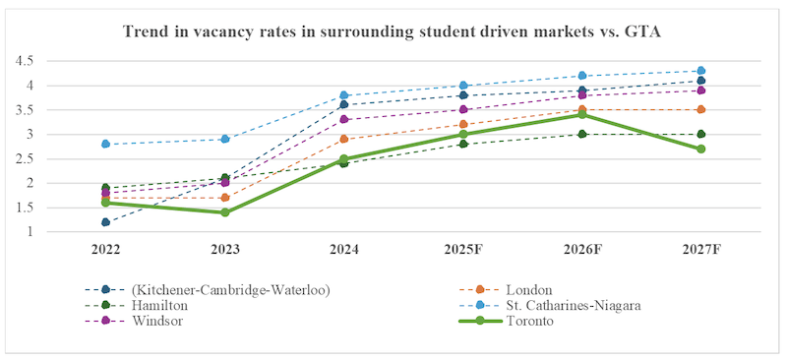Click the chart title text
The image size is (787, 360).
pyautogui.click(x=393, y=31)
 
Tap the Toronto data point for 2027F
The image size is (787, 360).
pyautogui.click(x=701, y=149)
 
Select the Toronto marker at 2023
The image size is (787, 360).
pyautogui.click(x=224, y=212)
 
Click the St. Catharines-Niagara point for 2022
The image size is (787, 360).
pyautogui.click(x=105, y=144)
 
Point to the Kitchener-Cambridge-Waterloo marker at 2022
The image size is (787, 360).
pyautogui.click(x=105, y=222)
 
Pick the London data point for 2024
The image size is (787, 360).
pyautogui.click(x=344, y=139)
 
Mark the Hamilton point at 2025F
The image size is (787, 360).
pyautogui.click(x=463, y=144)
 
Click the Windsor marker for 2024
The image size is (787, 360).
pyautogui.click(x=344, y=119)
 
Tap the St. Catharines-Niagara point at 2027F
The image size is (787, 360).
pyautogui.click(x=701, y=71)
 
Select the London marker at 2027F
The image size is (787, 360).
pyautogui.click(x=701, y=109)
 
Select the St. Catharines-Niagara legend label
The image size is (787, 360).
pyautogui.click(x=572, y=305)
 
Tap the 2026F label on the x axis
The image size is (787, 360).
pyautogui.click(x=582, y=249)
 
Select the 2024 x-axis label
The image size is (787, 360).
pyautogui.click(x=344, y=249)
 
